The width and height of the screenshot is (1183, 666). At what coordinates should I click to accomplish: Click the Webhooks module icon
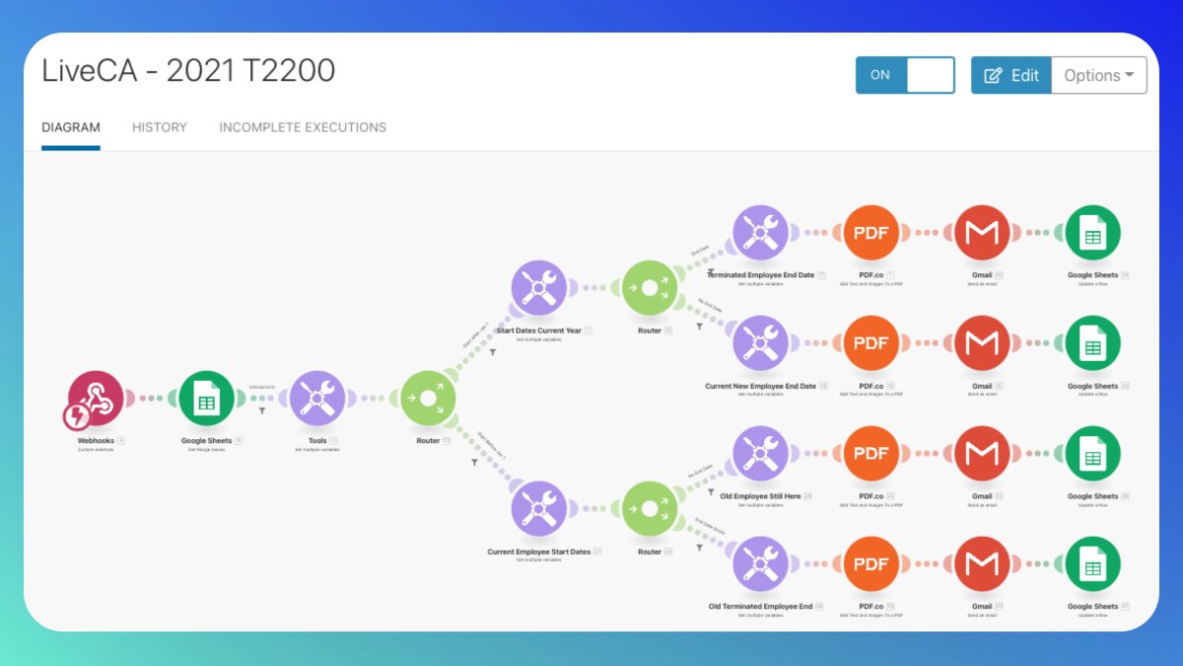(x=96, y=399)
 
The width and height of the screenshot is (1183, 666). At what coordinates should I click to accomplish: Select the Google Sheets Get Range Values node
(x=206, y=399)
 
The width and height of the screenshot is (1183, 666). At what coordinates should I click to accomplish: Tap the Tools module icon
(x=317, y=399)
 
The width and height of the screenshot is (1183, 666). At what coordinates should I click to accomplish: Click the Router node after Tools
(x=428, y=399)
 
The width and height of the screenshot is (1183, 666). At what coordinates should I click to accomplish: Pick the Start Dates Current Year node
(x=538, y=288)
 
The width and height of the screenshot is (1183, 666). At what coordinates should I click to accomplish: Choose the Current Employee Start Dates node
(x=538, y=509)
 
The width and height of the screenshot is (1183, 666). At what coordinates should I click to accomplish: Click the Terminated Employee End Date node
(x=760, y=233)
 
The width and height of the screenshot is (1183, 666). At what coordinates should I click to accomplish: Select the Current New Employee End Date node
(x=760, y=343)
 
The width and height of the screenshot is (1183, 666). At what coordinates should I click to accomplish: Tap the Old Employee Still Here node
(x=760, y=454)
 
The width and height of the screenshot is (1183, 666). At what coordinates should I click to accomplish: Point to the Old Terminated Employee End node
(x=760, y=564)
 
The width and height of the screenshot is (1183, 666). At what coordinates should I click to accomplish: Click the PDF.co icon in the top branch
(x=871, y=233)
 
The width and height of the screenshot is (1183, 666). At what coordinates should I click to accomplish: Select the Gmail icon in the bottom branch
(x=982, y=564)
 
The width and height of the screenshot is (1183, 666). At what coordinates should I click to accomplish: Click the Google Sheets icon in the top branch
(x=1092, y=233)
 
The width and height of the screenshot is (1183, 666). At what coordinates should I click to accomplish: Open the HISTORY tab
(x=160, y=127)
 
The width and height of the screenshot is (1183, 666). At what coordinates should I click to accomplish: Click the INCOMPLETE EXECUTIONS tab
(x=303, y=127)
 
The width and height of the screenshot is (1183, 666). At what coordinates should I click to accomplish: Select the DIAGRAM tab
(x=71, y=127)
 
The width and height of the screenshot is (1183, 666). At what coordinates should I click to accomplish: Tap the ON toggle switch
(x=905, y=75)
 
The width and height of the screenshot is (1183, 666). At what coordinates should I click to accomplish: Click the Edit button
(x=1011, y=75)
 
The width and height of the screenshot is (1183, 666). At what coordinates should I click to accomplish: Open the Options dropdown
(x=1098, y=75)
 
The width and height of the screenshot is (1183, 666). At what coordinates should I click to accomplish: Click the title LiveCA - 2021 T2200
(x=188, y=71)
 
